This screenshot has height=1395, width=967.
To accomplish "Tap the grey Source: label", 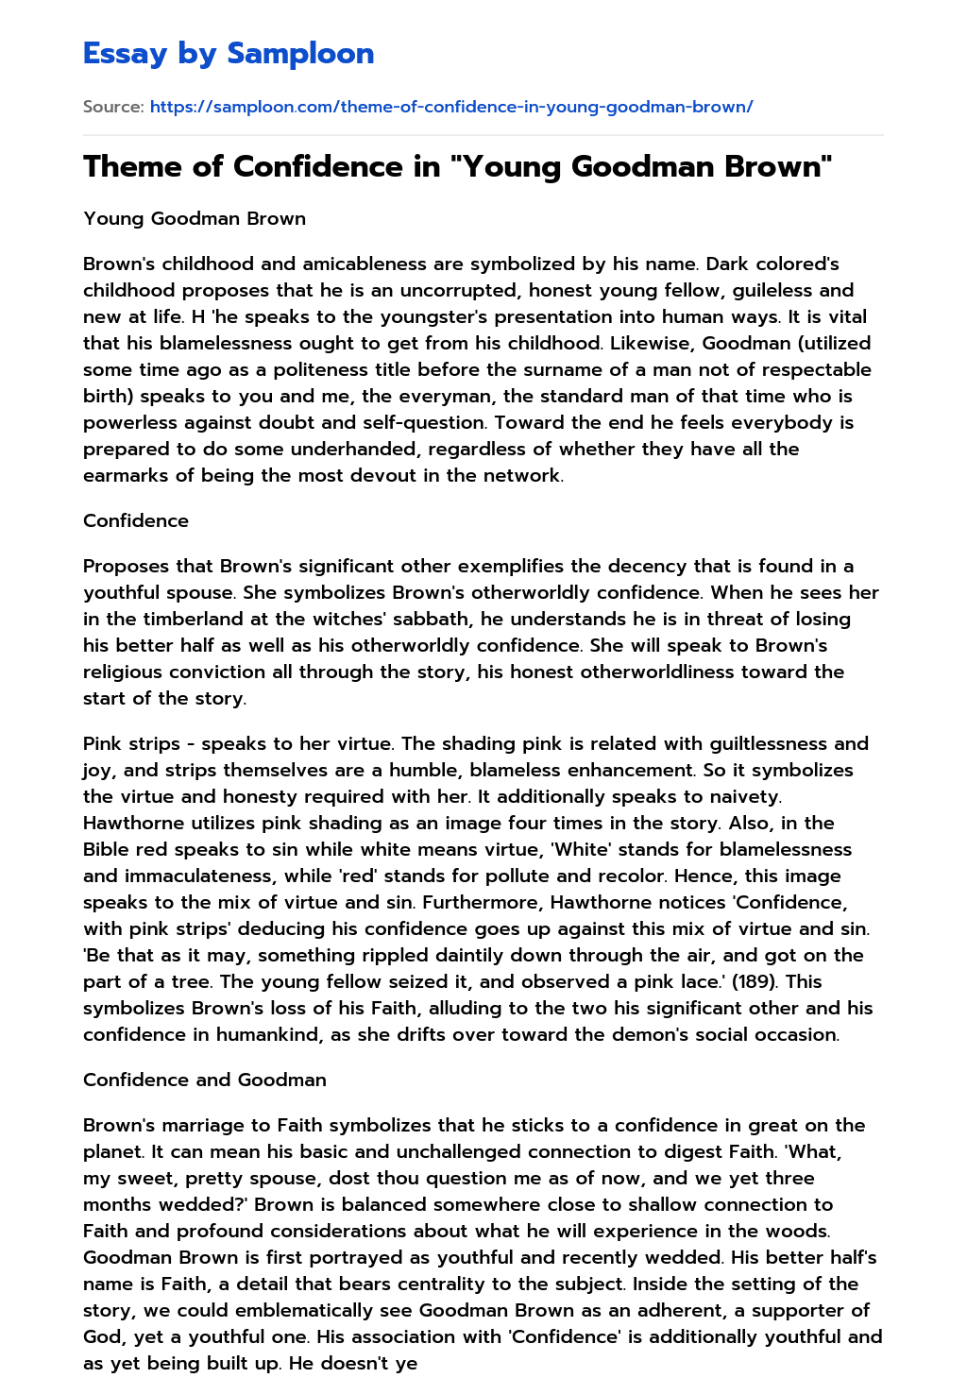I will pyautogui.click(x=113, y=107).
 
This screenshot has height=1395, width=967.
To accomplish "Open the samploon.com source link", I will pyautogui.click(x=451, y=107).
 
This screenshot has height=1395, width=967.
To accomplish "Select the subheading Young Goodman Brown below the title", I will pyautogui.click(x=195, y=218).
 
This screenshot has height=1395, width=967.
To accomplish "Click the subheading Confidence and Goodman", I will pyautogui.click(x=205, y=1080).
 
